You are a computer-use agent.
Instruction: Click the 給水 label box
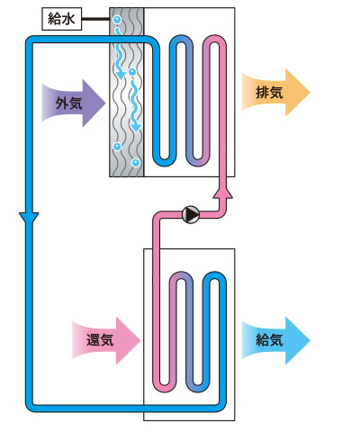(62, 20)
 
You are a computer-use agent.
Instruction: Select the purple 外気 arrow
(74, 103)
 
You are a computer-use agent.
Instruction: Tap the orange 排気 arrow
(276, 93)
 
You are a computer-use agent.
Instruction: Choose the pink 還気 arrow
(106, 340)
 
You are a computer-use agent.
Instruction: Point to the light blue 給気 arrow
(276, 340)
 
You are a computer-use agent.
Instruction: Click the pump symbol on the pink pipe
(191, 214)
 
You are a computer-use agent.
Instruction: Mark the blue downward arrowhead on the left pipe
(29, 218)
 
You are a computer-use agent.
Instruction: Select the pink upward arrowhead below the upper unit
(223, 193)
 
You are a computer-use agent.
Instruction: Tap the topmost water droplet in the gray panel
(116, 20)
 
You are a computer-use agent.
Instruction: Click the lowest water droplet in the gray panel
(136, 163)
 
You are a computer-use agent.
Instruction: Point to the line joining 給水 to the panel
(95, 20)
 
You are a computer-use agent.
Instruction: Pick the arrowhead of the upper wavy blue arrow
(121, 75)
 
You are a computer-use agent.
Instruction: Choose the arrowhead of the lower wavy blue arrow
(137, 127)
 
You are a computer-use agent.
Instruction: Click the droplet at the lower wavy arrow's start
(132, 72)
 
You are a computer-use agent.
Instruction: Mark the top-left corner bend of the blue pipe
(31, 41)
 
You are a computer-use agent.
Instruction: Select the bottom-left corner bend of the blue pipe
(31, 407)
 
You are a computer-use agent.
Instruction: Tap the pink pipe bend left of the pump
(157, 217)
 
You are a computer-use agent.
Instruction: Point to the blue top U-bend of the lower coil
(214, 276)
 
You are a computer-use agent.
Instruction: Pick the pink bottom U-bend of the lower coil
(164, 387)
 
